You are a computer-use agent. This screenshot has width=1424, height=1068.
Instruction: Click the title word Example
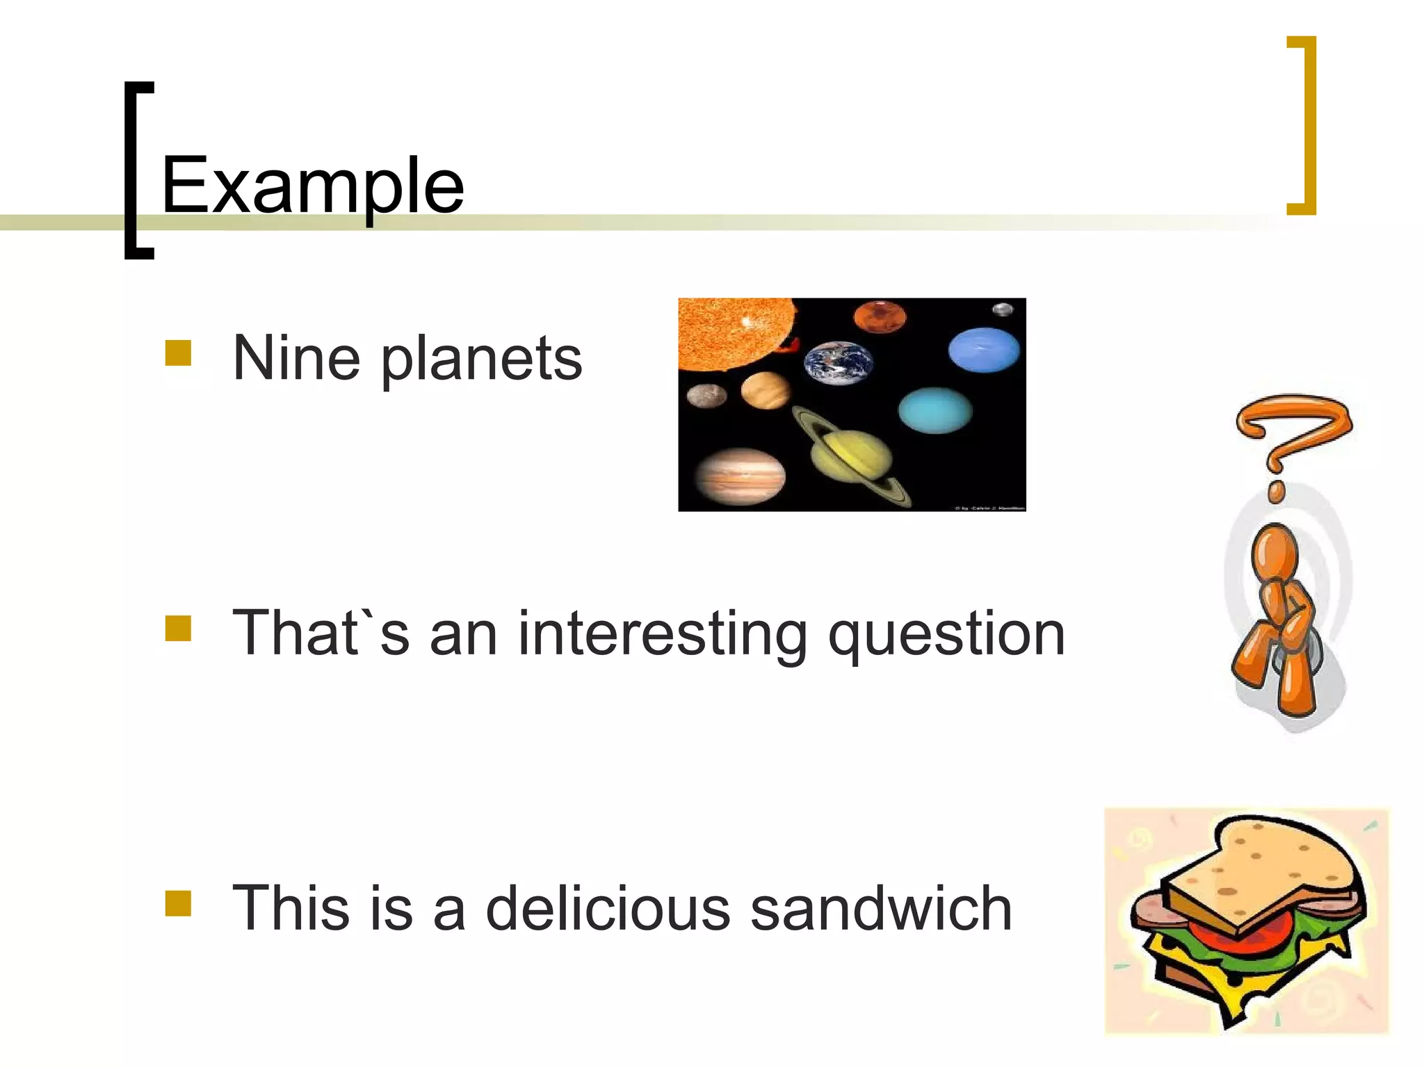pos(312,186)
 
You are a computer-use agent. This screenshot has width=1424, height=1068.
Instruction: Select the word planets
pos(481,360)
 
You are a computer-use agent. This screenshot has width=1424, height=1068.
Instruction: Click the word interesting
pos(662,634)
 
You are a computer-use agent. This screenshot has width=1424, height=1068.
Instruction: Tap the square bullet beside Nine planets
pos(178,353)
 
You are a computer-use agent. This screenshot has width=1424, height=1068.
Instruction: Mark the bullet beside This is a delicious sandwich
pos(178,903)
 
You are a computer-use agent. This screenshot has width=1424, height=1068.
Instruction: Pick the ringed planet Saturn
pos(852,455)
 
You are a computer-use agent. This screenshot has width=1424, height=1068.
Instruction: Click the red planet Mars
pos(880,317)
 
